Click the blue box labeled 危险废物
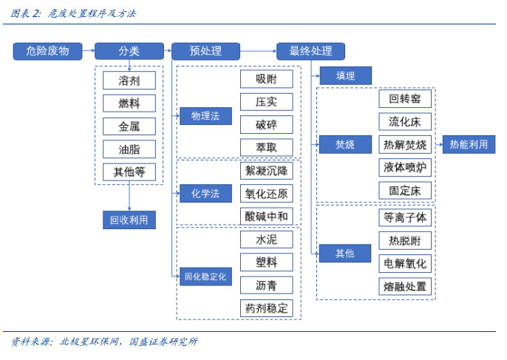pyautogui.click(x=47, y=51)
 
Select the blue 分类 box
pyautogui.click(x=129, y=51)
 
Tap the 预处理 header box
pyautogui.click(x=205, y=51)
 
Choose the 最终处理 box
pyautogui.click(x=310, y=51)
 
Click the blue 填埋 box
pyautogui.click(x=345, y=75)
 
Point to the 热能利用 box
pyautogui.click(x=469, y=144)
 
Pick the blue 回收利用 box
pyautogui.click(x=129, y=220)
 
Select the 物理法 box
pyautogui.click(x=205, y=116)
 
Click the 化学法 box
pyautogui.click(x=205, y=194)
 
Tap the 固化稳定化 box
pyautogui.click(x=205, y=277)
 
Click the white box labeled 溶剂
pyautogui.click(x=129, y=80)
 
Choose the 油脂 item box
pyautogui.click(x=129, y=149)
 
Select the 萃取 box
pyautogui.click(x=266, y=147)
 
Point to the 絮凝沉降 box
pyautogui.click(x=266, y=171)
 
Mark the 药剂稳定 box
pyautogui.click(x=266, y=308)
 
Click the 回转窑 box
pyautogui.click(x=405, y=99)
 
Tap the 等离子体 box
pyautogui.click(x=405, y=217)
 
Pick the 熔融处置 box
pyautogui.click(x=405, y=286)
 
